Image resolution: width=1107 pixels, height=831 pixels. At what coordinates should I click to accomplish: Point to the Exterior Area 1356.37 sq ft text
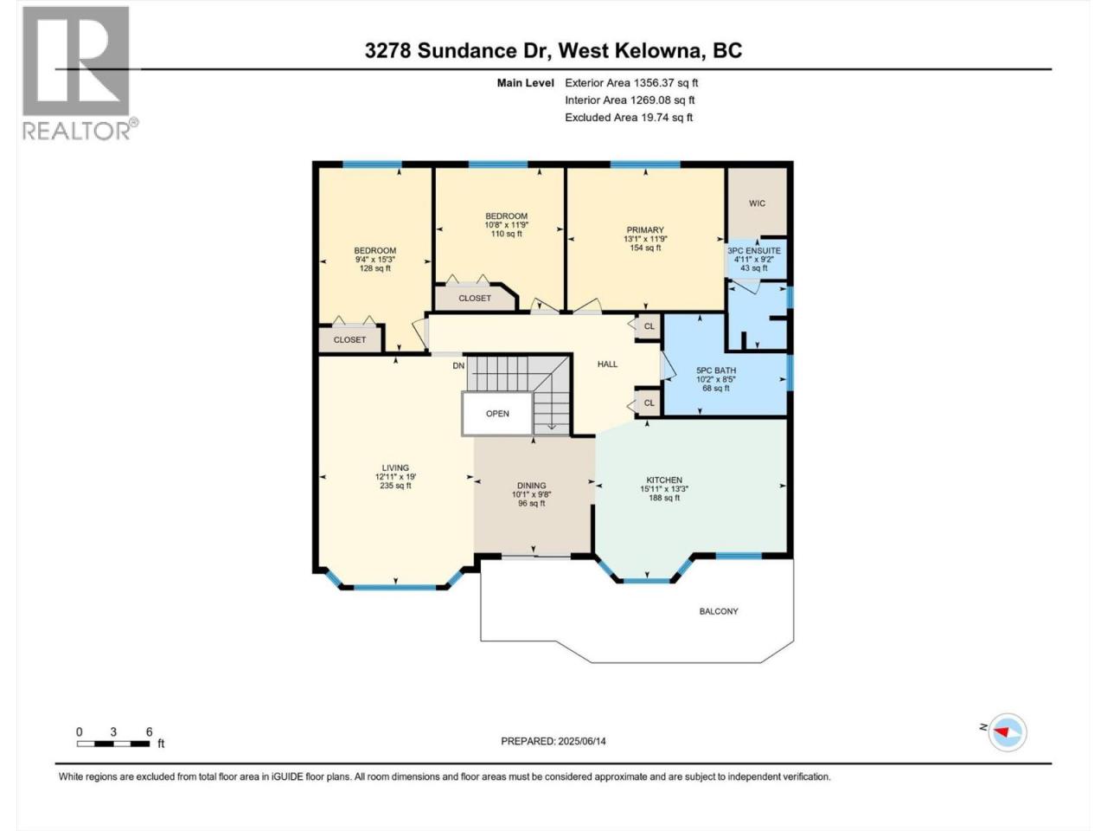[631, 83]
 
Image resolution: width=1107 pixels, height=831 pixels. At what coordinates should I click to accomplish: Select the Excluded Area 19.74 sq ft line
[629, 118]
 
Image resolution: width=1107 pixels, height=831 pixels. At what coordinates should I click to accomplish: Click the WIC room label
[757, 203]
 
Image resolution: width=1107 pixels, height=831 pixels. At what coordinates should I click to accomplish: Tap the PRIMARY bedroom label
[645, 230]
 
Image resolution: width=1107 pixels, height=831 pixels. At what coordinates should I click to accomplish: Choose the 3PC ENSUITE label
[754, 251]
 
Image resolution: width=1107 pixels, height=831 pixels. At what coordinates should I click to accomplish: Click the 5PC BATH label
[715, 370]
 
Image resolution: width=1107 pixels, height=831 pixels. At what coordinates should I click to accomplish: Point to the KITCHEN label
[664, 480]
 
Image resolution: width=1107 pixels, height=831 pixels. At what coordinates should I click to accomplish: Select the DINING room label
[531, 486]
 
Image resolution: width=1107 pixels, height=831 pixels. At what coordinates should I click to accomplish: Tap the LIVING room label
[395, 467]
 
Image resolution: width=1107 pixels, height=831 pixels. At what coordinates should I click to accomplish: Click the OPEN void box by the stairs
[497, 413]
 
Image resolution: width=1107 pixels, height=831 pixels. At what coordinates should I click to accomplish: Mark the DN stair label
[458, 366]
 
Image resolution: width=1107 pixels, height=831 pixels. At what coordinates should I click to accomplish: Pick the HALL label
[607, 364]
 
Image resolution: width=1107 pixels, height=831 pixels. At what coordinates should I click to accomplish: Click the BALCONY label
[719, 611]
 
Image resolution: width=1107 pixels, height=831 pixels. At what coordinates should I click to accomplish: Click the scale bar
[113, 744]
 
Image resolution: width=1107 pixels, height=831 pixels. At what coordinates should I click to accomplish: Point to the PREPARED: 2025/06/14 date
[553, 741]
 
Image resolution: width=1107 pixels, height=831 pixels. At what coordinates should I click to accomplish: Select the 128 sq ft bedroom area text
[375, 268]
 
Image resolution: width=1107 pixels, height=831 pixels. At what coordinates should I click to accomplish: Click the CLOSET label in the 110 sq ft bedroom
[475, 298]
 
